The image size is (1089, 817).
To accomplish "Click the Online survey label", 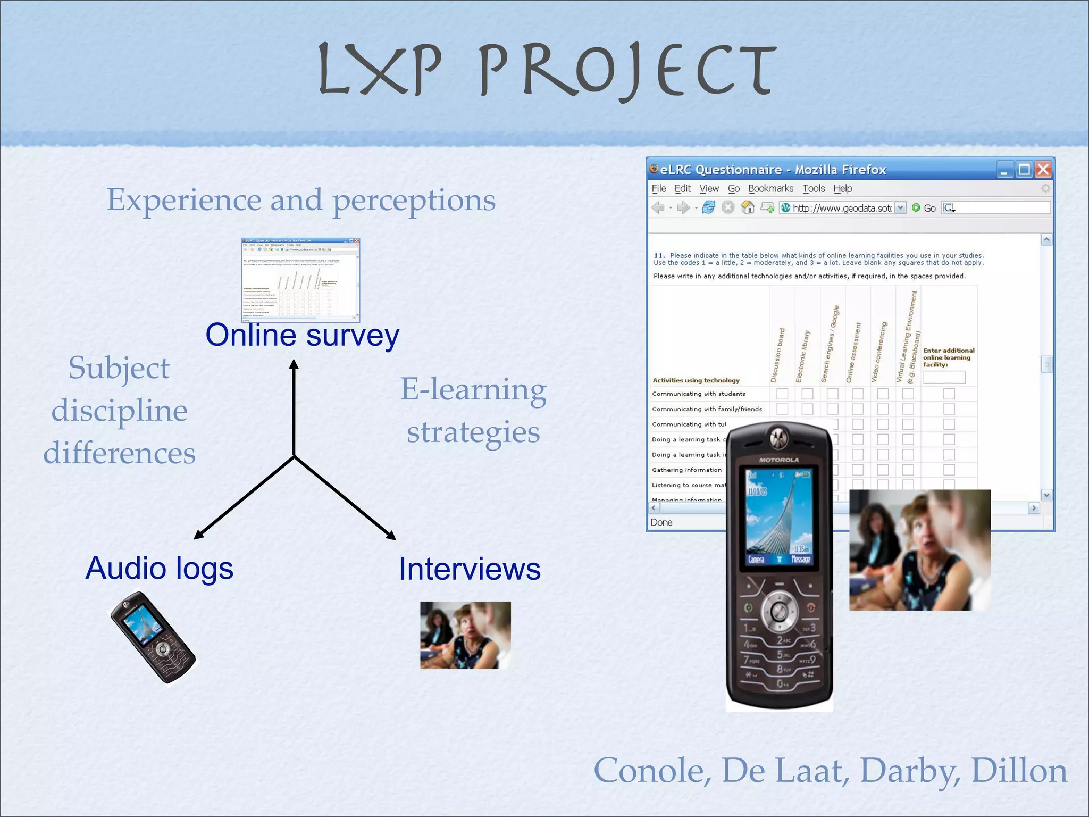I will [302, 336].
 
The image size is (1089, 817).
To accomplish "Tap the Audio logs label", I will [159, 568].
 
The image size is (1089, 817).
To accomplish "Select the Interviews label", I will [470, 569].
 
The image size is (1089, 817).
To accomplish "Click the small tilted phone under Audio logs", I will [153, 638].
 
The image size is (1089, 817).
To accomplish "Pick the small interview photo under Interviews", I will [465, 635].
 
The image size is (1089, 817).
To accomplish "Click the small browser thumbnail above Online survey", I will [300, 280].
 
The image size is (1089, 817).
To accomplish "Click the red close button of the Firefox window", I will [1043, 170].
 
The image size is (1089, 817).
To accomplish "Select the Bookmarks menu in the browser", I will [770, 188].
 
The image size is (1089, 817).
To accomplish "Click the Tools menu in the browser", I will [813, 188].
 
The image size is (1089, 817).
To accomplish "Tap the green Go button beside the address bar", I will [924, 208].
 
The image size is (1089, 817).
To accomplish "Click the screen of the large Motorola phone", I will [778, 516].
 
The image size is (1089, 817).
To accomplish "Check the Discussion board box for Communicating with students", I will [782, 394].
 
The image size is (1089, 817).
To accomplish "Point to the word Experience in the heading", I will [184, 200].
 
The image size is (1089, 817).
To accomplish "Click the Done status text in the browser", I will [661, 522].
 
